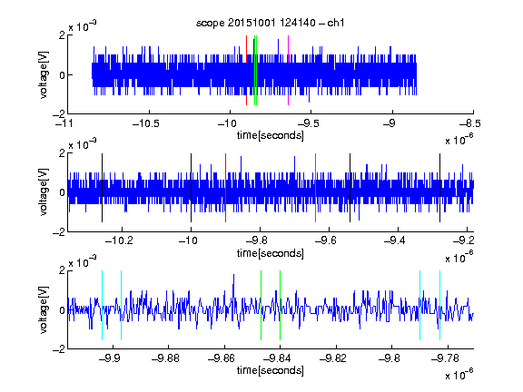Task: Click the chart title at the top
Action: [271, 23]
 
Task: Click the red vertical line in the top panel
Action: [246, 71]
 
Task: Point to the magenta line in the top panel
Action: [288, 71]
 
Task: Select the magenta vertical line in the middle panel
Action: [316, 188]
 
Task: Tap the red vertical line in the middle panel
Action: [225, 188]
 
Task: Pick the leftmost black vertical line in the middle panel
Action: [102, 188]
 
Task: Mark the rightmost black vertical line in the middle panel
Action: [440, 188]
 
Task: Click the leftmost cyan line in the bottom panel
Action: [102, 305]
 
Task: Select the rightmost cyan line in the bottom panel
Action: [440, 305]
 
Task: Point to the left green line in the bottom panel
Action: [261, 305]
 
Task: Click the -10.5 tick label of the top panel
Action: [146, 123]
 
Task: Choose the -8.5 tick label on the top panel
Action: [470, 123]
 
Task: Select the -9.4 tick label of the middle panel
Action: [395, 240]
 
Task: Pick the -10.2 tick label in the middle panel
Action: [119, 240]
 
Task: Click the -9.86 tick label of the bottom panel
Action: [222, 358]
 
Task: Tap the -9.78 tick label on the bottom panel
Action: [445, 358]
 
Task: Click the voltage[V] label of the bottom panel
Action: [44, 310]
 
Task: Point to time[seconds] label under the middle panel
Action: [271, 253]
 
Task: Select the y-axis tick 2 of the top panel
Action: [62, 35]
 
